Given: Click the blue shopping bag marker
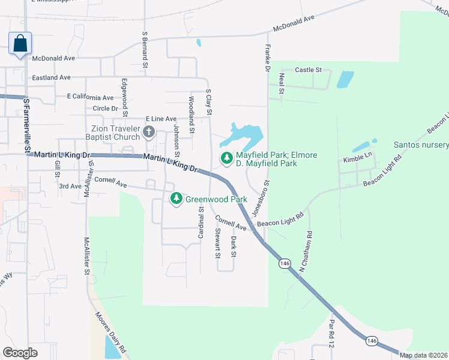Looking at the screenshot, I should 20,44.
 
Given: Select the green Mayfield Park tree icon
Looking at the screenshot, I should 226,158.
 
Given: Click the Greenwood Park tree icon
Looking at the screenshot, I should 176,198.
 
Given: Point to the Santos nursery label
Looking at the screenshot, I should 421,145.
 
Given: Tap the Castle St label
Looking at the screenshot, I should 309,70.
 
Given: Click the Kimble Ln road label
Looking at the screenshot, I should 358,160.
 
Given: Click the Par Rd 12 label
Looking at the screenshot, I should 331,333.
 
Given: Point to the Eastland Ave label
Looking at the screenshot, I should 52,77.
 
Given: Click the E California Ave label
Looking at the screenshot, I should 90,97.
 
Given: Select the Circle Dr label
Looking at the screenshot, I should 106,109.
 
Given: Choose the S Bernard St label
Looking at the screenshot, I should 145,50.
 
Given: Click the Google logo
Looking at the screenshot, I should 20,353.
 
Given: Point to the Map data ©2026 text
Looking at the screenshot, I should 423,355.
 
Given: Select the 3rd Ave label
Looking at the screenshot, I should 70,187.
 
